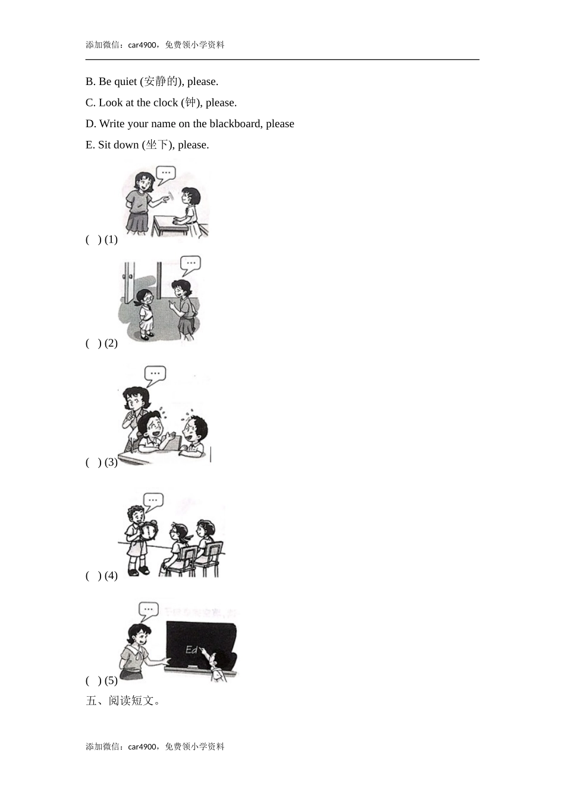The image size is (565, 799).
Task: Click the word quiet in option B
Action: coord(125,81)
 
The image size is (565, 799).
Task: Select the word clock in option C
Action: coord(165,102)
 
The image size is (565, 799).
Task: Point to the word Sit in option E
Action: coord(105,144)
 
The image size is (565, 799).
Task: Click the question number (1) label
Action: coord(111,240)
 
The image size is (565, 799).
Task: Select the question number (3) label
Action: coord(111,462)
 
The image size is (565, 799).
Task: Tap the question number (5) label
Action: coord(111,680)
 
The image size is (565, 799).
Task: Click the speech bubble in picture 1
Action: coord(166,174)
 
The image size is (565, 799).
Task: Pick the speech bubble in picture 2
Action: coord(190,263)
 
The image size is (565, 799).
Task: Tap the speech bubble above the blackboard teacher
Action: coord(148,609)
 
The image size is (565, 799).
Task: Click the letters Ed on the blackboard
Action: coord(192,650)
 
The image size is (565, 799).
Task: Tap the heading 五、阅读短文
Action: coord(123,701)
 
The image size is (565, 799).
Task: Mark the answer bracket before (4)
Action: coord(93,575)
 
